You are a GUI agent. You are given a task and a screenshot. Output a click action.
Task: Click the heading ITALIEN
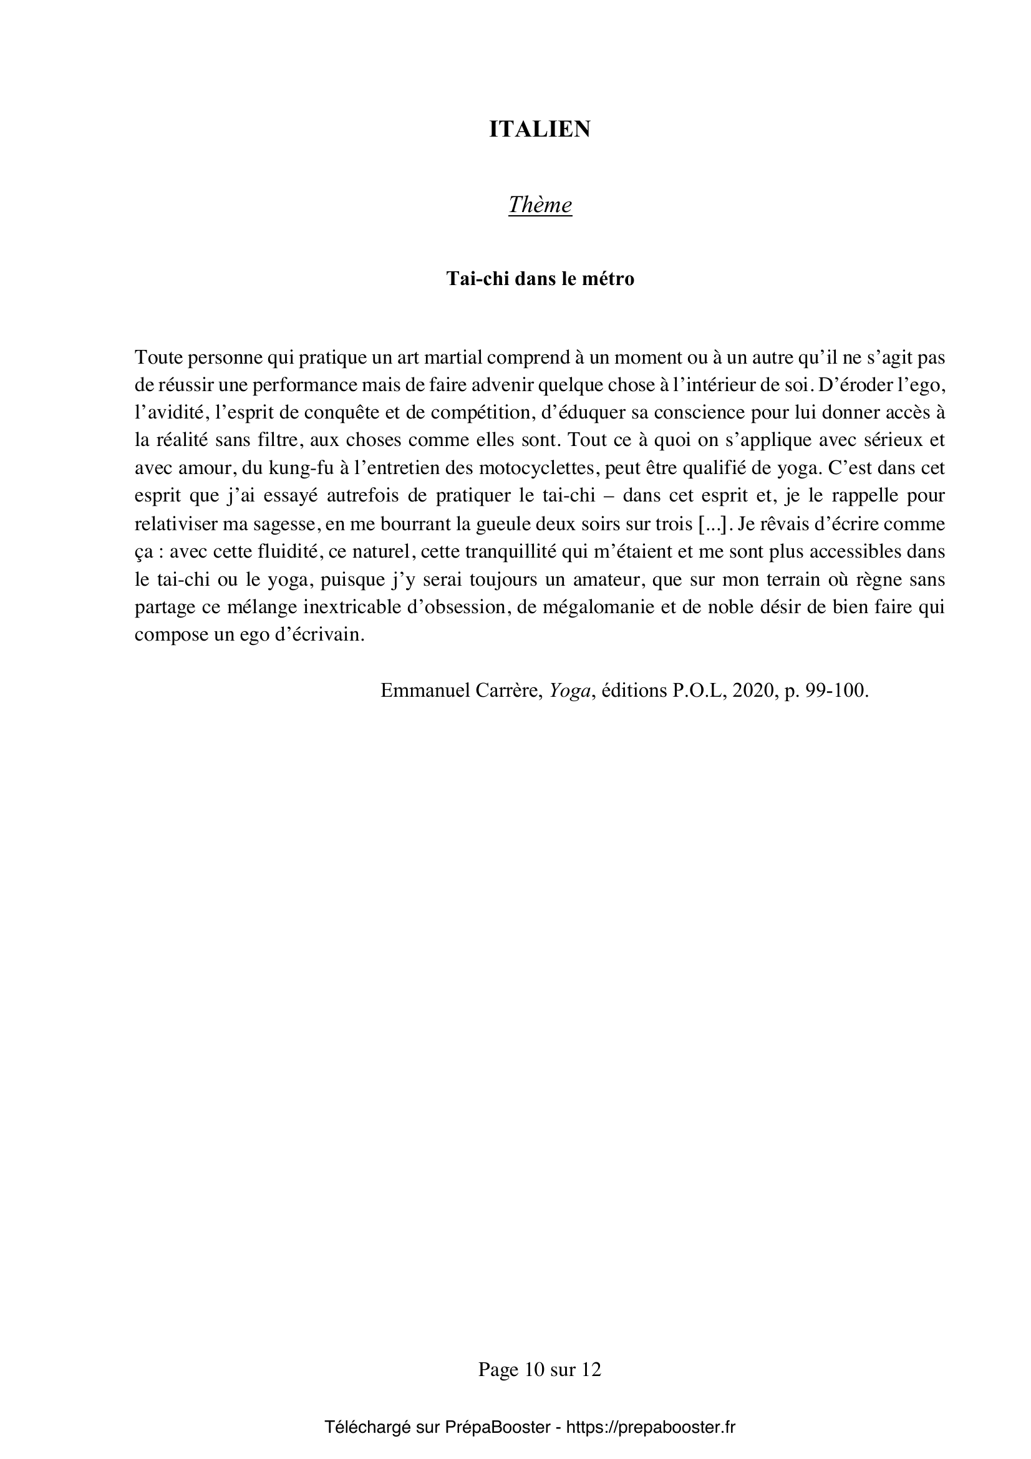[x=540, y=129]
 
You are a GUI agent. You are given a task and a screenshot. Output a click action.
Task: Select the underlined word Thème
[x=540, y=205]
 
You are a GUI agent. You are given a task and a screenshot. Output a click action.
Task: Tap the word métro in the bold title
[x=609, y=279]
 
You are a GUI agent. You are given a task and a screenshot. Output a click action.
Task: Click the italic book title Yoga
[x=570, y=690]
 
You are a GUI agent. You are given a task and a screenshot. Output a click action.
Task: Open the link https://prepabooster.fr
[x=650, y=1427]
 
